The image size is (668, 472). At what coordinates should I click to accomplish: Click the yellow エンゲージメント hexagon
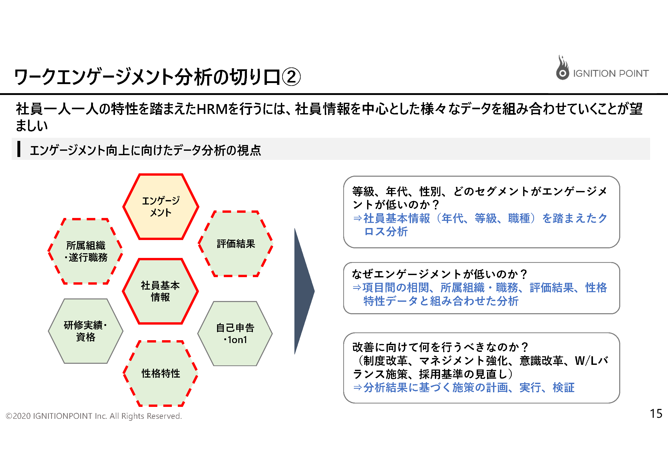tap(161, 207)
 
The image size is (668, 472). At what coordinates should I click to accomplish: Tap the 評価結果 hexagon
tap(236, 244)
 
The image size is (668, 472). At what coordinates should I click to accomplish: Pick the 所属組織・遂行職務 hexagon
tap(85, 251)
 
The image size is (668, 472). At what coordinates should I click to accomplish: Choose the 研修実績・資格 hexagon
tap(85, 331)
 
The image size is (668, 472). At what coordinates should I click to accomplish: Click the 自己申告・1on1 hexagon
tap(235, 334)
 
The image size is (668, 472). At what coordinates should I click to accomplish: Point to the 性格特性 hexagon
tap(161, 373)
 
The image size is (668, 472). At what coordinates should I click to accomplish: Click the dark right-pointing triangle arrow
tap(304, 291)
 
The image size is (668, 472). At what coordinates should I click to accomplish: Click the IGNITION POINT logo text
tap(611, 74)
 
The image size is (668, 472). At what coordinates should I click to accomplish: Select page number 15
tap(656, 414)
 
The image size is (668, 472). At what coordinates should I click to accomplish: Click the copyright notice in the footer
tap(94, 416)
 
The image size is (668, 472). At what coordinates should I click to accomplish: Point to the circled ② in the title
tap(291, 77)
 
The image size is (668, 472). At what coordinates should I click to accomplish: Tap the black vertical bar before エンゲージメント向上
tap(19, 149)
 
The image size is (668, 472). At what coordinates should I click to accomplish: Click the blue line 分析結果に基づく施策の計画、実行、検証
tap(464, 388)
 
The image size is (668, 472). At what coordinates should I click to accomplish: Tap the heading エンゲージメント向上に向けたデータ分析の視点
tap(145, 150)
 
